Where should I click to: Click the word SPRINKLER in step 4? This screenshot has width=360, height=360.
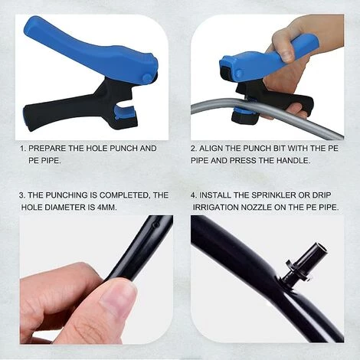point(273,195)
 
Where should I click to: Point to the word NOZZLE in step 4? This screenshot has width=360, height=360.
point(257,208)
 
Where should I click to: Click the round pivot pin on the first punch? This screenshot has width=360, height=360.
point(146,77)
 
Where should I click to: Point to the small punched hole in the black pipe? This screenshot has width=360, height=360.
point(155,225)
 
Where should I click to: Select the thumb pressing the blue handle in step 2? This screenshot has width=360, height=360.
point(283,48)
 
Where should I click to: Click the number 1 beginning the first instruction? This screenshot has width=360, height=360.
point(23,149)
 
